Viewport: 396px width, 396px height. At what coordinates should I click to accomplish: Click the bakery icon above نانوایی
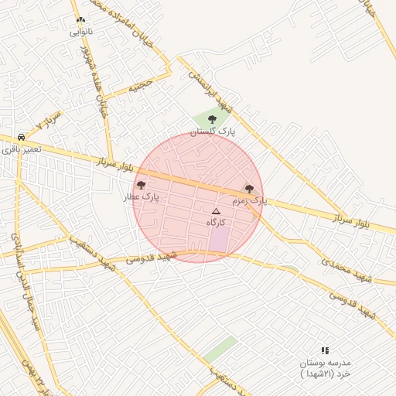[80, 19]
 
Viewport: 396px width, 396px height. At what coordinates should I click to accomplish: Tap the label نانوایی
[80, 32]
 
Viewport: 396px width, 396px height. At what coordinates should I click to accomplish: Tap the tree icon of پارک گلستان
[213, 119]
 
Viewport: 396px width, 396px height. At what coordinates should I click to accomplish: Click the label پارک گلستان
[213, 132]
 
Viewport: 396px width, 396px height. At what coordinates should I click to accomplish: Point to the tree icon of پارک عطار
[141, 185]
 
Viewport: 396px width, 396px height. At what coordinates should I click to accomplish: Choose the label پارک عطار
[141, 197]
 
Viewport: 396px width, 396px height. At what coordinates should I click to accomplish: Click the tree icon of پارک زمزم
[249, 188]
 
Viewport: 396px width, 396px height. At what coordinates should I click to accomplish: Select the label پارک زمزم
[249, 200]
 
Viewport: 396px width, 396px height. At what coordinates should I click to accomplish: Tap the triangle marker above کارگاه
[216, 210]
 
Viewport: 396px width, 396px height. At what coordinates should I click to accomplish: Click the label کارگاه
[216, 222]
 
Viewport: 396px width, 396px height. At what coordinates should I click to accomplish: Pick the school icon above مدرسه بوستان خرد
[325, 350]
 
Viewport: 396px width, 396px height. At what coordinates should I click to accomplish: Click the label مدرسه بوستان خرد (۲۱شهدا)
[326, 368]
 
